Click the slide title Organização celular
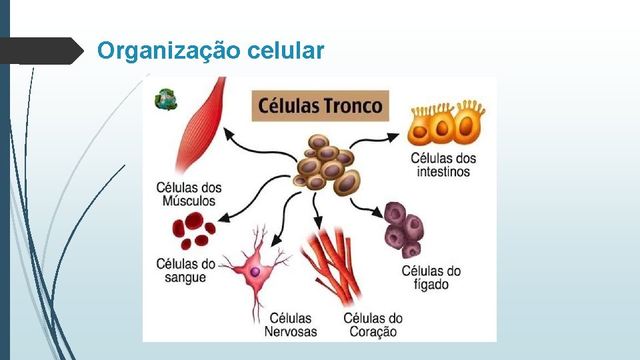coord(211,51)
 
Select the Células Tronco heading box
coord(319,106)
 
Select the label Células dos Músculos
coord(189,194)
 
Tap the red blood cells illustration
coord(193,230)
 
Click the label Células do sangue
coord(186,270)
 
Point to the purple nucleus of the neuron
coord(255,271)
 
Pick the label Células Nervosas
coord(291,325)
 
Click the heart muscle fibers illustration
coord(332,263)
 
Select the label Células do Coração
coord(373,325)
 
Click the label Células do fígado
coord(431,277)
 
